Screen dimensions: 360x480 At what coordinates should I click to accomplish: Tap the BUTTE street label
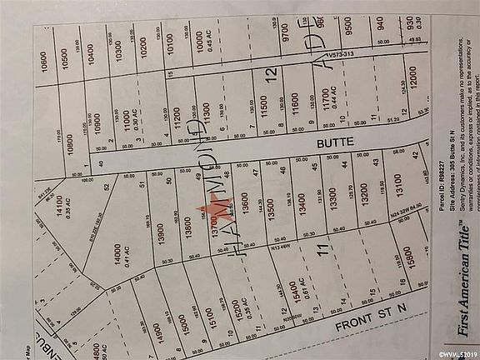click(x=347, y=143)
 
